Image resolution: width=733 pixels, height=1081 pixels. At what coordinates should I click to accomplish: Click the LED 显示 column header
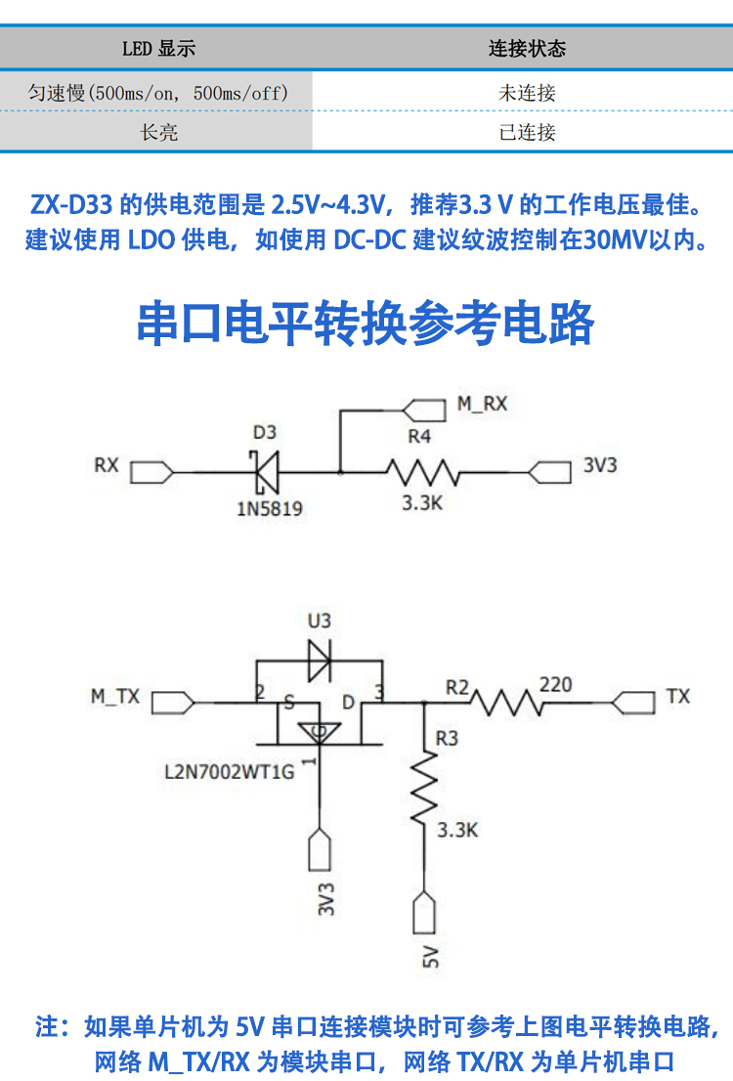point(158,48)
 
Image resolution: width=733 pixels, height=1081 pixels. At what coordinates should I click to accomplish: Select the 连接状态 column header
point(527,48)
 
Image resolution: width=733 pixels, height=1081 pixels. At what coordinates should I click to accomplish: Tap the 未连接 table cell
point(527,94)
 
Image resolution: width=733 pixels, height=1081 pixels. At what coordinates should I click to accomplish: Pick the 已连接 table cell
point(527,132)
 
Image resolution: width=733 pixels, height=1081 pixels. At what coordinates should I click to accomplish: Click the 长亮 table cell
point(158,132)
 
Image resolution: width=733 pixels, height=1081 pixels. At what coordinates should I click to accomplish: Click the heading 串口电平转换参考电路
point(366,323)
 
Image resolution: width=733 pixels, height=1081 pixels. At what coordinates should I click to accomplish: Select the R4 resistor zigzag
point(422,473)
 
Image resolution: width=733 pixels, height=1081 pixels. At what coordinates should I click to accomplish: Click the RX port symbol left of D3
point(152,473)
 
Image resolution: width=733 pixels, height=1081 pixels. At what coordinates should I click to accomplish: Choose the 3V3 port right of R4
point(549,473)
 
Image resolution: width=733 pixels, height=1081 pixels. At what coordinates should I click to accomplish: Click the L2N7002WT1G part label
point(230,771)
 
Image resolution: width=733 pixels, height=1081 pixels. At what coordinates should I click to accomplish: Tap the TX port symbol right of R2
point(633,702)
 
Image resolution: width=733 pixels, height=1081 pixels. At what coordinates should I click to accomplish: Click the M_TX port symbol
point(174,702)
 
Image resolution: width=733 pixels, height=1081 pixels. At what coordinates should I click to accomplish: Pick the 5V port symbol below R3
point(425,915)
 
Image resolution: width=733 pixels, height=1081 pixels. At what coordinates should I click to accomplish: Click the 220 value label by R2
point(555,684)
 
